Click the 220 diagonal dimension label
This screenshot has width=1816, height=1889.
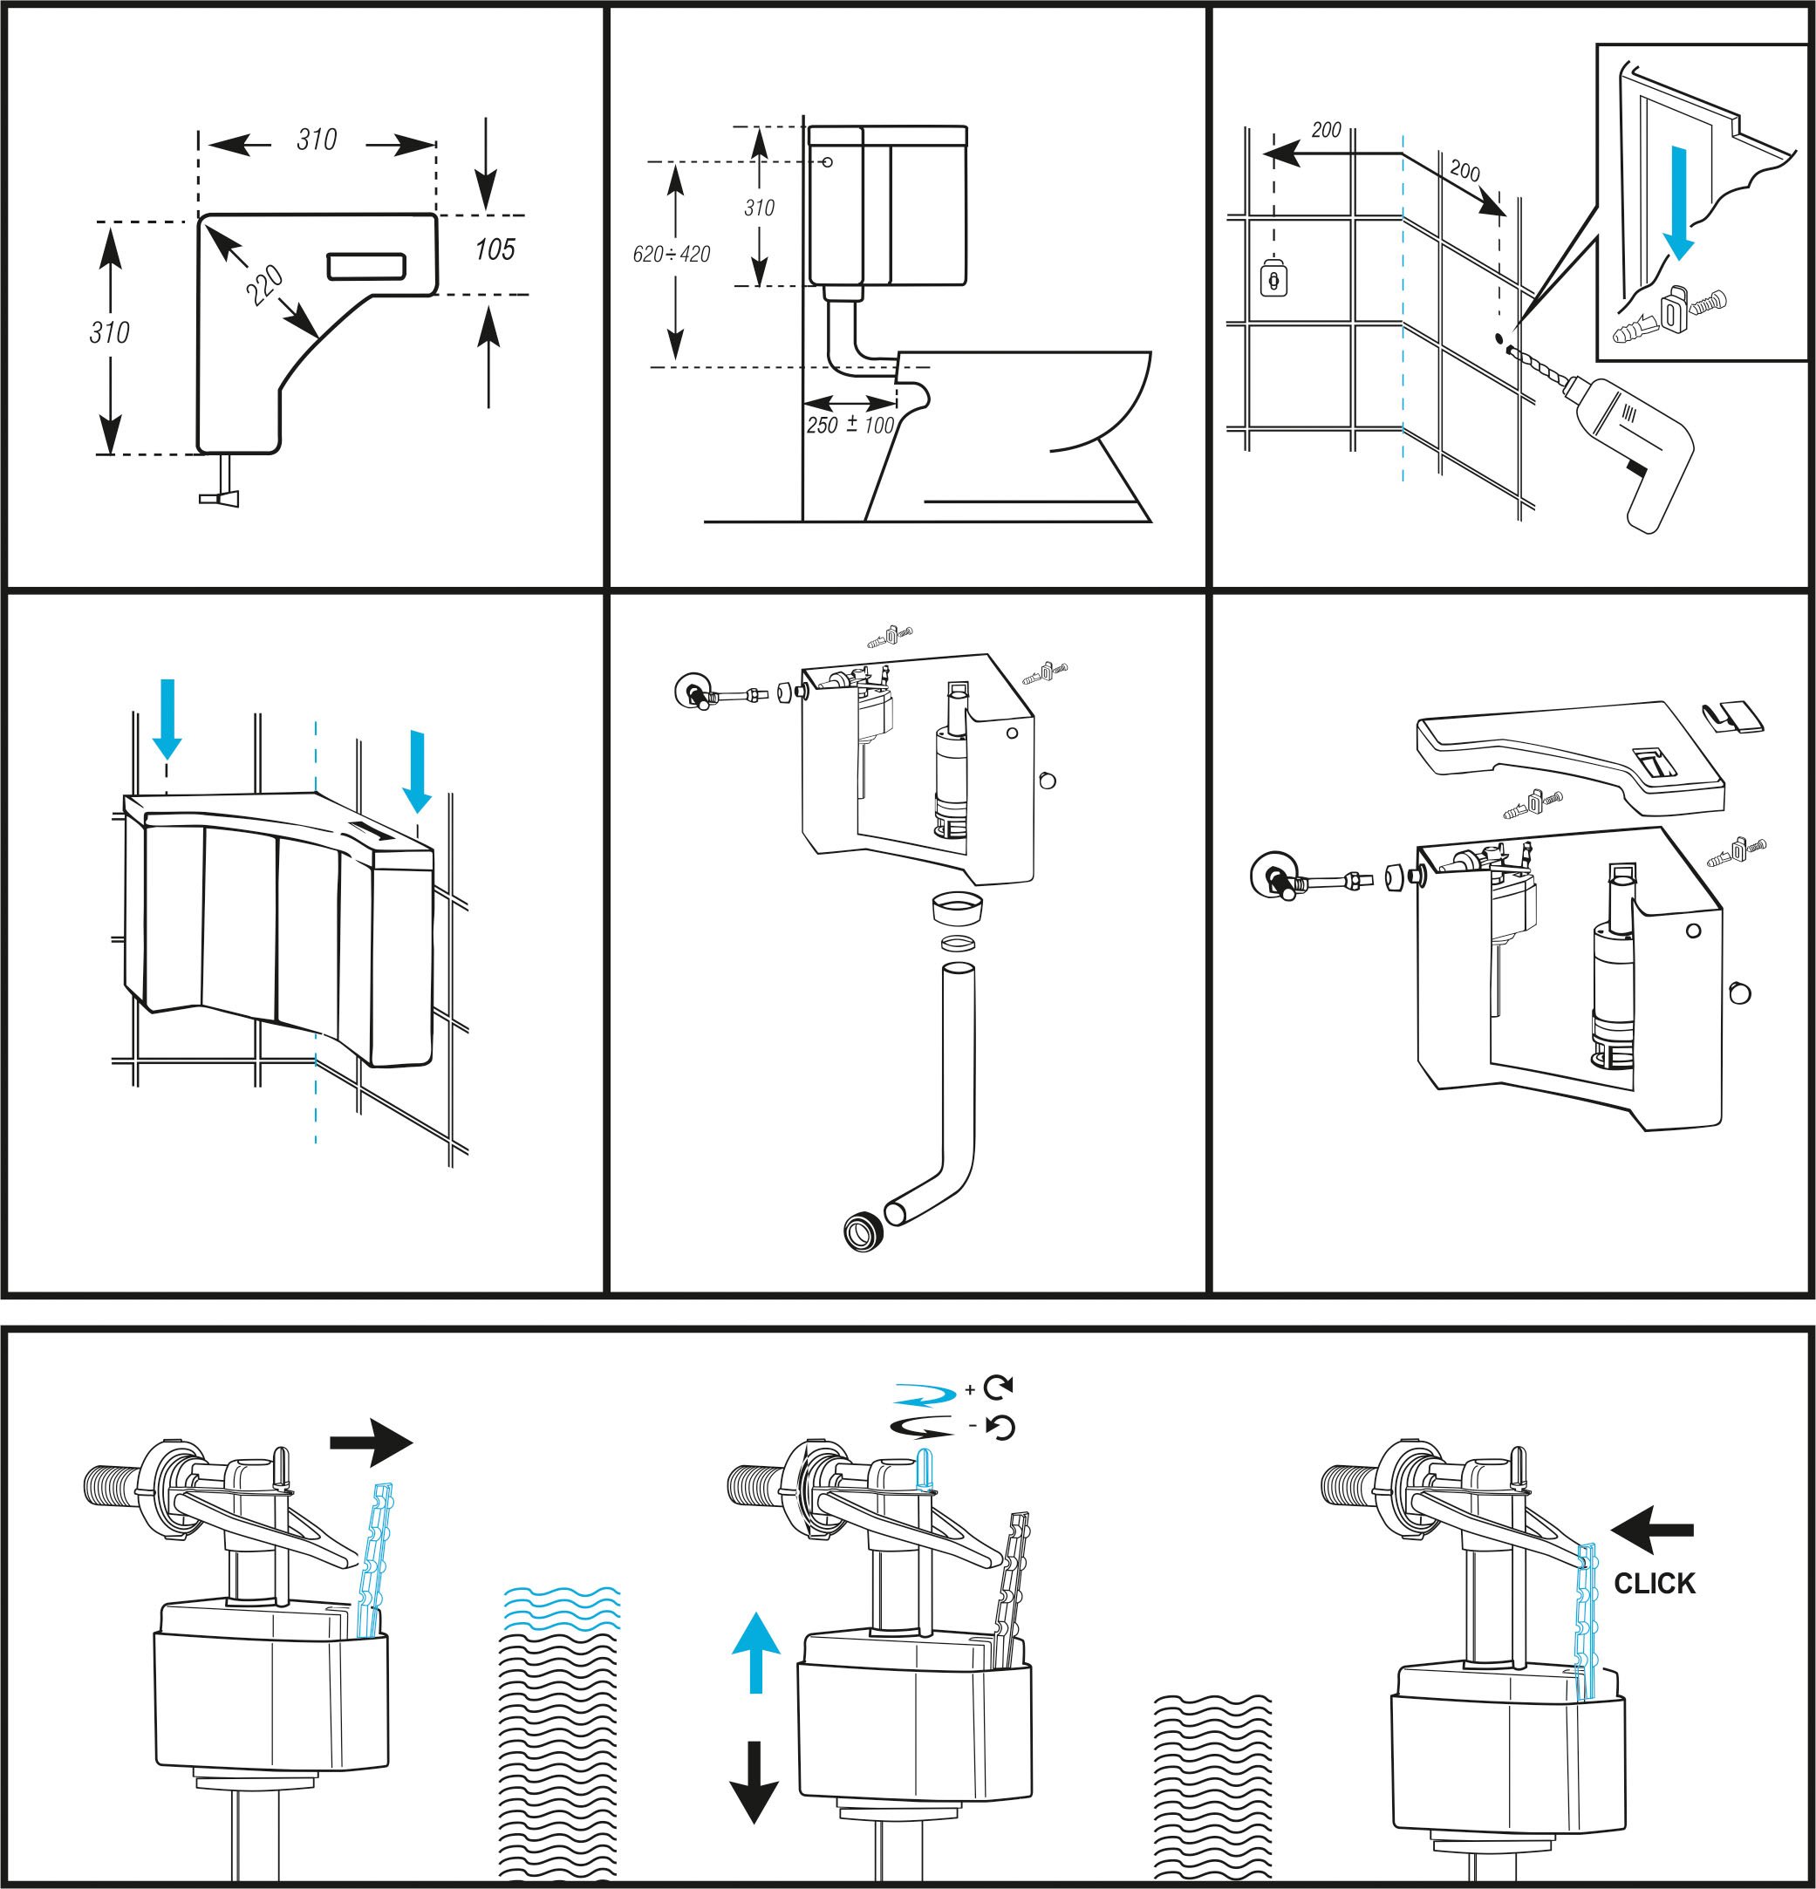(264, 286)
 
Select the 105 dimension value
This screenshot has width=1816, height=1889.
(495, 249)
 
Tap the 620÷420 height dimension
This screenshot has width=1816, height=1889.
(671, 255)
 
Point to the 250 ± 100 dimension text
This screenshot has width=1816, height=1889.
(850, 425)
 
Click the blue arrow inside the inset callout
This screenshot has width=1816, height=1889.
(1679, 203)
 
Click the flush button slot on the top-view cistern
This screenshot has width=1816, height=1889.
(366, 266)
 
